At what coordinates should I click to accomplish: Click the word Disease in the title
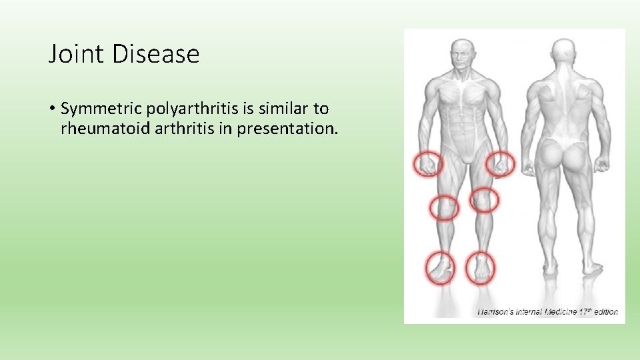tap(155, 54)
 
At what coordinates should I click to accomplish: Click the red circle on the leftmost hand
tap(429, 163)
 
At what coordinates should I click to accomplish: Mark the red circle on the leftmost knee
tap(443, 207)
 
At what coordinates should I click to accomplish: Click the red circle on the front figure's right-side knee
tap(485, 199)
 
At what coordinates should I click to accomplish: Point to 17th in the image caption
tap(585, 311)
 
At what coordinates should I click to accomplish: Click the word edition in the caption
tap(605, 311)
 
